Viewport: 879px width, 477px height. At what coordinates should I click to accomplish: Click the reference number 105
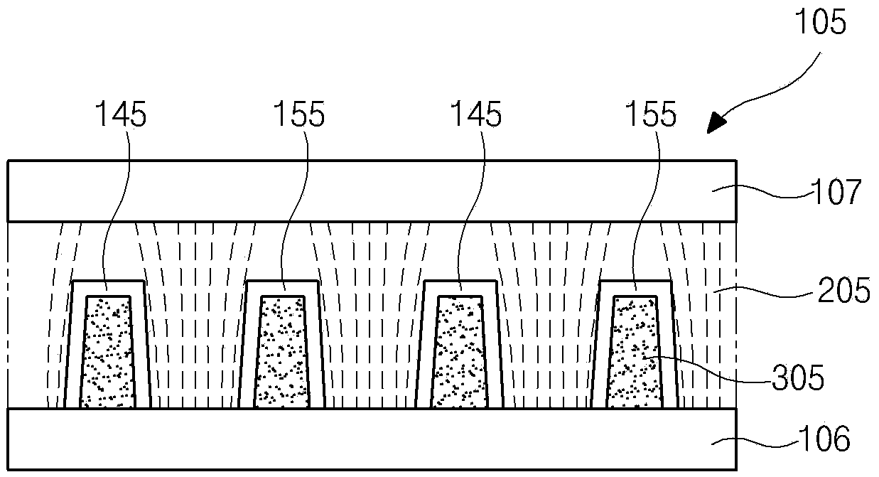pyautogui.click(x=822, y=24)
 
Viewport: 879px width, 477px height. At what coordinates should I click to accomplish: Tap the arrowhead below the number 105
pyautogui.click(x=717, y=124)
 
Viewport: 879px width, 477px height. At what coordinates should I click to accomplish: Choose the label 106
pyautogui.click(x=826, y=439)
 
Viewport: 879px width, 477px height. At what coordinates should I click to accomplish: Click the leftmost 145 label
pyautogui.click(x=122, y=114)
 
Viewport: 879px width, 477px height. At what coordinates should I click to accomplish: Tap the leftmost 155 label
pyautogui.click(x=299, y=114)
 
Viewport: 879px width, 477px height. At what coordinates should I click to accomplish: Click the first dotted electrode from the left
pyautogui.click(x=108, y=352)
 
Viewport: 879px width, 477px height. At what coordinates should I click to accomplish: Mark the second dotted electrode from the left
pyautogui.click(x=283, y=352)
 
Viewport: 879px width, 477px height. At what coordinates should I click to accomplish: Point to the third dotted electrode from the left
pyautogui.click(x=459, y=352)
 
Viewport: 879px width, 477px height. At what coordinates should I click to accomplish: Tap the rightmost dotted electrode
pyautogui.click(x=635, y=352)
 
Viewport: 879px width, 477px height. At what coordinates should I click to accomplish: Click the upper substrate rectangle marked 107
pyautogui.click(x=370, y=191)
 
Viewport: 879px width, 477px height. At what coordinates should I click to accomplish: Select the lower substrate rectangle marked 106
pyautogui.click(x=370, y=439)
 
